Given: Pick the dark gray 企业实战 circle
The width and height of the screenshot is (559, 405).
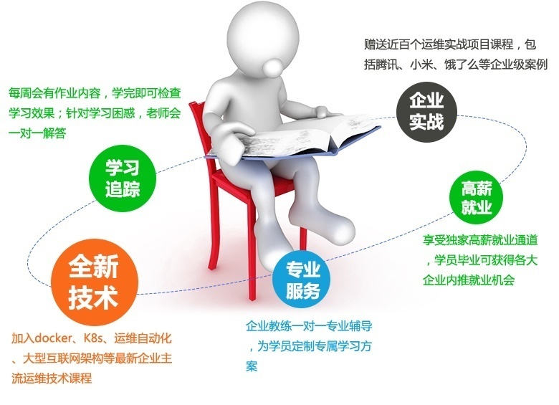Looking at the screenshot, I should [x=426, y=110].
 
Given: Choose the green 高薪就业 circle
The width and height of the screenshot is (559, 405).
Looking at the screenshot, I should [x=476, y=199].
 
